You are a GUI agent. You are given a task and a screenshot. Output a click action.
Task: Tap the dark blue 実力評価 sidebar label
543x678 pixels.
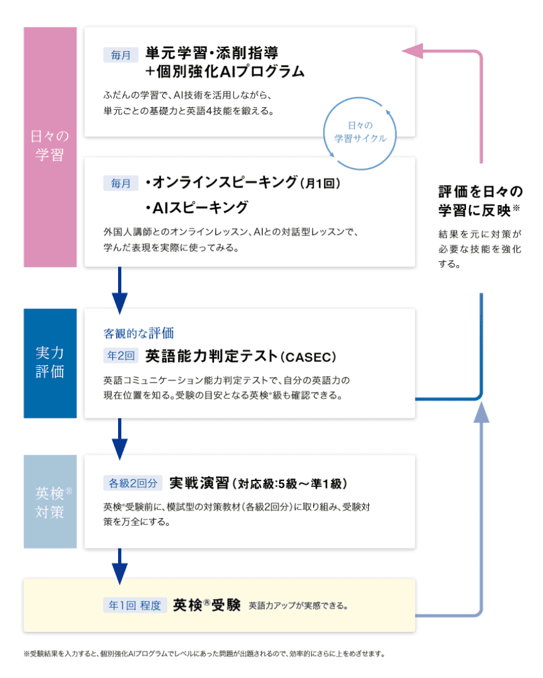point(50,362)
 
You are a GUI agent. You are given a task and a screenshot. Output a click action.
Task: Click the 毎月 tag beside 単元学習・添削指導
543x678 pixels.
point(121,55)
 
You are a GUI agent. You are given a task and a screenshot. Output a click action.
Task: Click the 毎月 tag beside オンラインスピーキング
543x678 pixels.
point(121,183)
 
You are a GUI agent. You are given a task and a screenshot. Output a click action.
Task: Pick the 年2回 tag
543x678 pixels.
point(121,355)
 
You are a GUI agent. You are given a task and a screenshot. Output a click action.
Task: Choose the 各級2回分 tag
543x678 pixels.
point(133,483)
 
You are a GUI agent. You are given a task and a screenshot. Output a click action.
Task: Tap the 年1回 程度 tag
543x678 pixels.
point(135,605)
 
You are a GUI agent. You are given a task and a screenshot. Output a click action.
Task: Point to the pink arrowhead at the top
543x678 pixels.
point(412,51)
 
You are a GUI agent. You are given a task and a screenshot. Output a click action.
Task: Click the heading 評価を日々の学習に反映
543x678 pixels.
point(480,201)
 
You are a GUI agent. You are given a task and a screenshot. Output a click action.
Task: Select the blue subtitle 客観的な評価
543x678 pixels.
point(138,333)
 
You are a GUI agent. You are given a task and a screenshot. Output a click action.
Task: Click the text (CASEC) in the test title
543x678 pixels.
point(308,357)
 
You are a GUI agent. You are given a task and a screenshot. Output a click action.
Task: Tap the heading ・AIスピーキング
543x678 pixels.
point(197,208)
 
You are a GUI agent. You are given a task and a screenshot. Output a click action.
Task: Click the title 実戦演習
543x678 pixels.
point(199,483)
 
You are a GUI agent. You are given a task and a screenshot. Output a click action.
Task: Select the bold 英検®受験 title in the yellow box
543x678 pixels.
point(206,605)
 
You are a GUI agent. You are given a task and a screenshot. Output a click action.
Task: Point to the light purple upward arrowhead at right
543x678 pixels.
point(481,412)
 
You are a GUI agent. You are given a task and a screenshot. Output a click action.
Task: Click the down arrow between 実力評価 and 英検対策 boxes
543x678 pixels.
point(120,439)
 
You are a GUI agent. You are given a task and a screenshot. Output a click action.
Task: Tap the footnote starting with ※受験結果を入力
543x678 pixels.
point(204,654)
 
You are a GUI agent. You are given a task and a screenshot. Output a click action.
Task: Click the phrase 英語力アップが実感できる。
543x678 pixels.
point(298,606)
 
